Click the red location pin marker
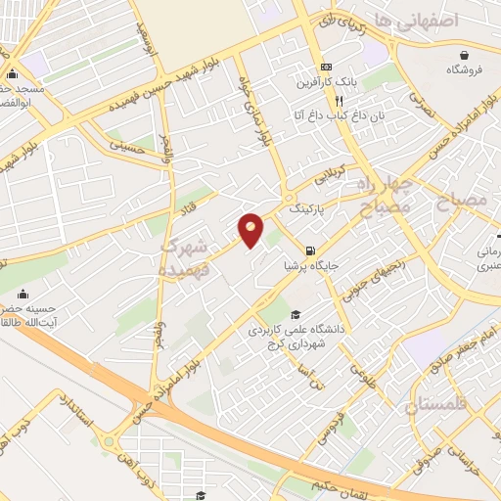[x=251, y=230]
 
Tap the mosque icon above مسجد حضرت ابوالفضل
[x=12, y=74]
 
